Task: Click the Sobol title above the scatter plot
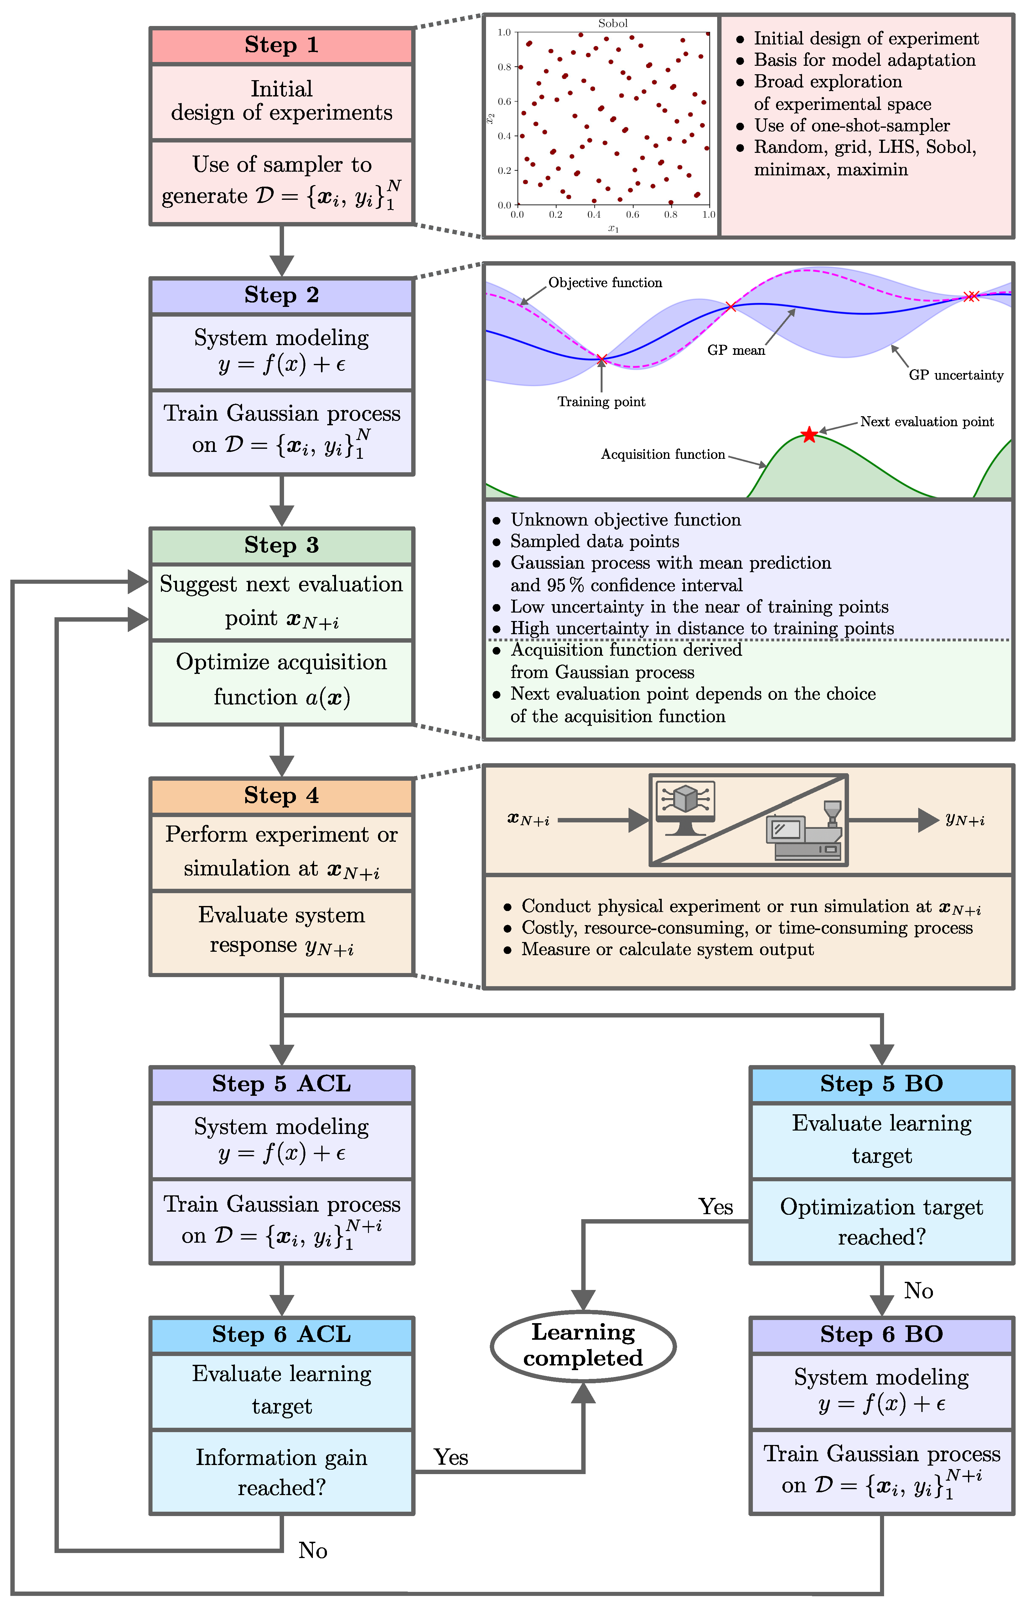coord(613,23)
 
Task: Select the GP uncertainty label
coord(956,375)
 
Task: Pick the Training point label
coord(601,401)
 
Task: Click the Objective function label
coord(605,282)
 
